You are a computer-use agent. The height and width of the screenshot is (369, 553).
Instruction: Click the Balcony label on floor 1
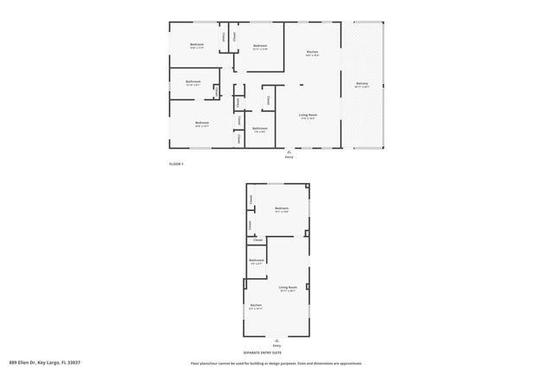(362, 84)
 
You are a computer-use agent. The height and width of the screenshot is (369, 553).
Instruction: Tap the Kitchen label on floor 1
(312, 53)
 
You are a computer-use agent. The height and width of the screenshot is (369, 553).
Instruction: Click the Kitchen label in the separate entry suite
(256, 305)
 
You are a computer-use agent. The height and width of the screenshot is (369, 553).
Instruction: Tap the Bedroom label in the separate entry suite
(282, 208)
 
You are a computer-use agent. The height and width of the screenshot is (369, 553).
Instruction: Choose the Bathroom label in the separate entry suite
(257, 260)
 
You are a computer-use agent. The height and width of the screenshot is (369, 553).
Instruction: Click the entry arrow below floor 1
(289, 152)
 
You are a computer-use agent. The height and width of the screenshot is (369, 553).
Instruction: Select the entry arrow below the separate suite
(276, 340)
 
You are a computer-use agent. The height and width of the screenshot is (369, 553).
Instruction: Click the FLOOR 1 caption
(176, 163)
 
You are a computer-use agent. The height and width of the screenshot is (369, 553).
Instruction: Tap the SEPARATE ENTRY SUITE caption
(263, 353)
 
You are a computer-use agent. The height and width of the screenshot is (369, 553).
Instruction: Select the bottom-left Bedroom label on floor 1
(201, 123)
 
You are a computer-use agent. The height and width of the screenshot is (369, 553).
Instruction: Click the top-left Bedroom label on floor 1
(198, 44)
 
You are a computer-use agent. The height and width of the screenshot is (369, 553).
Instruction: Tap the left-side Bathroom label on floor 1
(193, 82)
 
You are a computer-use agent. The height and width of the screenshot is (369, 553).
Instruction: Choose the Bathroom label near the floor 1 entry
(260, 128)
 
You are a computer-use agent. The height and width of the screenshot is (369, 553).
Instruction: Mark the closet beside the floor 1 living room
(269, 100)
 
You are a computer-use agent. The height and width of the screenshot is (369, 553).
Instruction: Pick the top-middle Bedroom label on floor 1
(260, 46)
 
